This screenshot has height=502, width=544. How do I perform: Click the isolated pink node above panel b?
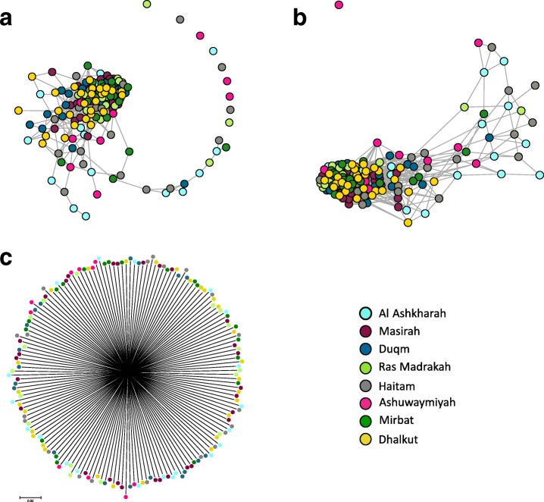[338, 5]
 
